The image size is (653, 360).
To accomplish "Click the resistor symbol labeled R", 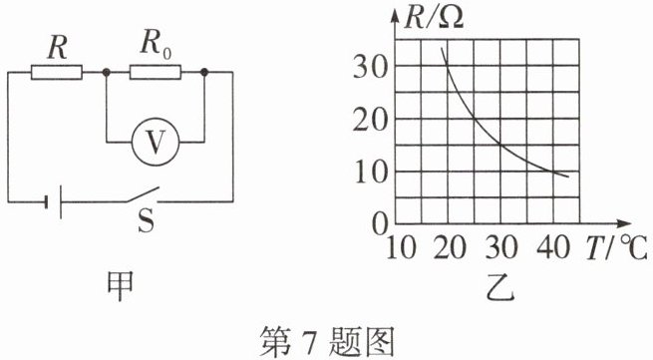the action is click(57, 72).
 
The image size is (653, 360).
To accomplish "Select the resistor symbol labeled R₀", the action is click(156, 72).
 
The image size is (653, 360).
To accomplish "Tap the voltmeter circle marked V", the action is click(156, 142).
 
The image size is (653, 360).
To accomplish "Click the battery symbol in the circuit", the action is click(53, 202).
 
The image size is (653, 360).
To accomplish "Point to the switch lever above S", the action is click(143, 194).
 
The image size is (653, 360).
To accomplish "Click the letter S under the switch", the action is click(147, 220).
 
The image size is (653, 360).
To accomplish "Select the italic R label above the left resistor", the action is click(57, 48).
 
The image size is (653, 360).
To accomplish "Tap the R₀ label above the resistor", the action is click(156, 44).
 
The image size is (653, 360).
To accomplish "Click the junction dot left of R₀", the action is click(107, 72).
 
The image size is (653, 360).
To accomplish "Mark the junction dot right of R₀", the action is click(204, 72).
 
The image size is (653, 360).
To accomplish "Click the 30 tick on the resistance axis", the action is click(370, 67).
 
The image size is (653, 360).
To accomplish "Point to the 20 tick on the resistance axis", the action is click(370, 121).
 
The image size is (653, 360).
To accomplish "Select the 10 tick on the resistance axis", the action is click(371, 173).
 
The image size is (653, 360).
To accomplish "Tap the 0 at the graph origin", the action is click(380, 225).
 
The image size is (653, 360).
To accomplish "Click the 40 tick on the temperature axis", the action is click(552, 247).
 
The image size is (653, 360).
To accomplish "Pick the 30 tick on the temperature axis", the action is click(501, 247).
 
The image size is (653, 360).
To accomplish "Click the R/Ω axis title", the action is click(434, 18).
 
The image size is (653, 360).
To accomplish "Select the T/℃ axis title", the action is click(616, 247).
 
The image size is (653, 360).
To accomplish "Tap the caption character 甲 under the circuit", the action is click(120, 286).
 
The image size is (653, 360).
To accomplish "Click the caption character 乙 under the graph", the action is click(500, 287).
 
